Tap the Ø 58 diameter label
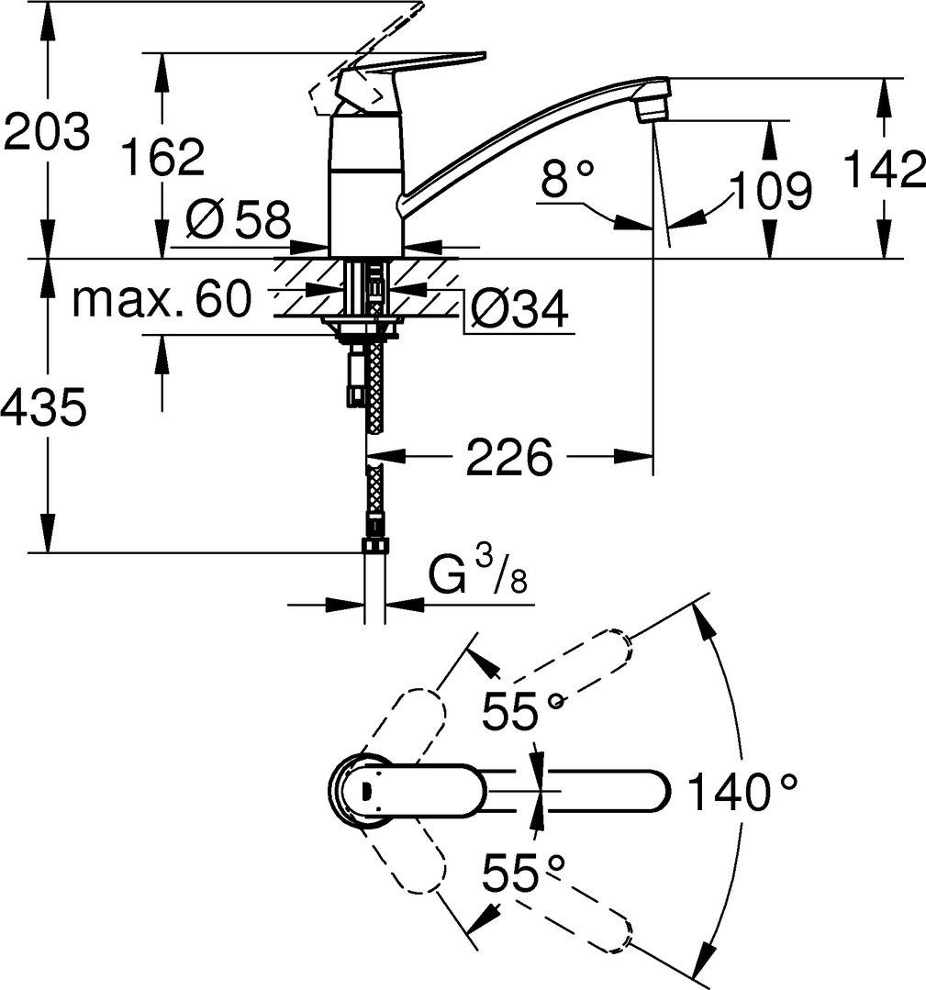click(237, 219)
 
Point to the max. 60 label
click(162, 299)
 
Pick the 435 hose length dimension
click(44, 406)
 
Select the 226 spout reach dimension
click(509, 457)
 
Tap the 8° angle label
click(567, 179)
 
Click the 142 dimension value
click(883, 170)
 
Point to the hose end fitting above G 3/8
click(374, 546)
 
